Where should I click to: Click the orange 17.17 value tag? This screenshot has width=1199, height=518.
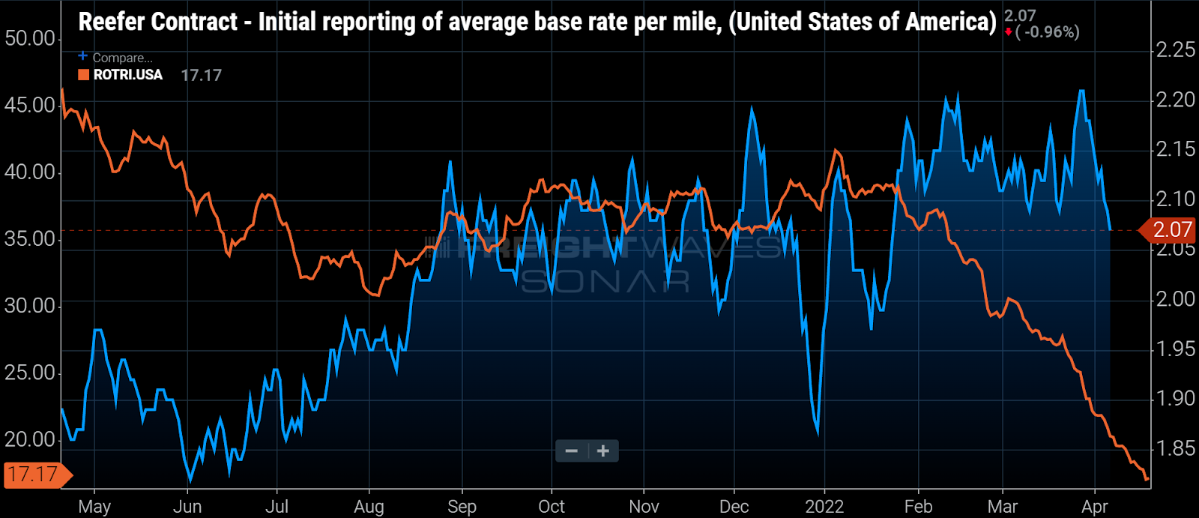pos(34,475)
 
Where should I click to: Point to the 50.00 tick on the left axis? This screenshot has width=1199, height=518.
pos(30,38)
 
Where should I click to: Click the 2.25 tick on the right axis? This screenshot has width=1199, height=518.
pos(1175,49)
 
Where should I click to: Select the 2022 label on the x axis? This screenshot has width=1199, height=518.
pos(824,507)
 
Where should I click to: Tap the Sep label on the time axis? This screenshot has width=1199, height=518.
pos(462,507)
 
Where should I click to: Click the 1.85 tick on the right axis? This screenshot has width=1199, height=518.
pos(1175,448)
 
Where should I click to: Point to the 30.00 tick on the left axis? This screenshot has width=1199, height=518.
pos(30,306)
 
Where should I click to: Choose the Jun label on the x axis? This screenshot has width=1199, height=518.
pos(187,507)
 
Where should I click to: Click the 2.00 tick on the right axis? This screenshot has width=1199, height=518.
pos(1175,299)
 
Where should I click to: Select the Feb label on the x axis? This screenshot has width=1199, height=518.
pos(918,507)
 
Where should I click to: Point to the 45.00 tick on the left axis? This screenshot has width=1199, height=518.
pos(30,105)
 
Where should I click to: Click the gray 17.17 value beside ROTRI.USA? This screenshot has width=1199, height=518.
pos(201,75)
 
